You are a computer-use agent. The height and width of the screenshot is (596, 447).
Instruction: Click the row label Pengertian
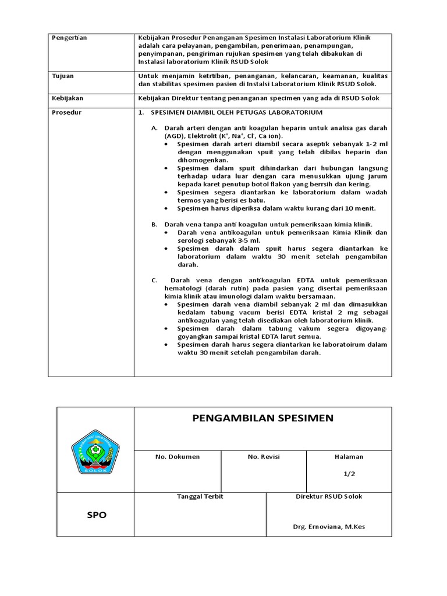[x=69, y=38]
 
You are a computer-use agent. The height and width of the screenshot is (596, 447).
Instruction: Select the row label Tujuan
[x=62, y=76]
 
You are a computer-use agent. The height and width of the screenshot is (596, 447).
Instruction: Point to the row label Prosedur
[x=65, y=112]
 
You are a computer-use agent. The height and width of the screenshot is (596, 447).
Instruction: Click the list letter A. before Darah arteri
[x=154, y=127]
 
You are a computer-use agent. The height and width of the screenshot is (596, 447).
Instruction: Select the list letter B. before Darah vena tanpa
[x=154, y=224]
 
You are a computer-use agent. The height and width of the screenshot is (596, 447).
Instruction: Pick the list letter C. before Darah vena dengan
[x=154, y=280]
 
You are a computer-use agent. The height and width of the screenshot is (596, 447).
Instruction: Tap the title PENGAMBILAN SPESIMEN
[x=262, y=418]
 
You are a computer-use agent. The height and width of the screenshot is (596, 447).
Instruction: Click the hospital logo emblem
[x=95, y=450]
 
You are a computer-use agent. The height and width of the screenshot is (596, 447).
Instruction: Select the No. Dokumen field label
[x=177, y=457]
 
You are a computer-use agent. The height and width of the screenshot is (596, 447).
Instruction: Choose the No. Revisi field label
[x=264, y=457]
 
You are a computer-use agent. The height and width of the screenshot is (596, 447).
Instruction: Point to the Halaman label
[x=349, y=457]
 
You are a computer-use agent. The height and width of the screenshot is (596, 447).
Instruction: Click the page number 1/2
[x=349, y=474]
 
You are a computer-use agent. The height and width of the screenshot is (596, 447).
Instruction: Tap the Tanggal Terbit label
[x=200, y=496]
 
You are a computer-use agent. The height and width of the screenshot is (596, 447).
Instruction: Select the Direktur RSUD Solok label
[x=329, y=496]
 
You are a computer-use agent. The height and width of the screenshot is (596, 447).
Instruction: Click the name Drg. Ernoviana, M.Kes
[x=329, y=527]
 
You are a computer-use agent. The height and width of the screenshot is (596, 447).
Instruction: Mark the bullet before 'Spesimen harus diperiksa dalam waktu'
[x=167, y=208]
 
